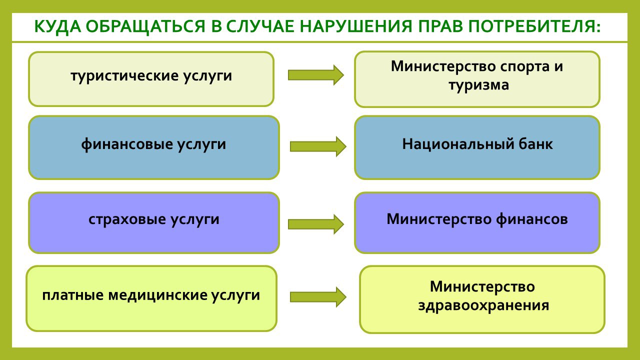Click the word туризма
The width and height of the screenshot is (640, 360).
[478, 85]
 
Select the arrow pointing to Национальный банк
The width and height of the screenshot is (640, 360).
[318, 146]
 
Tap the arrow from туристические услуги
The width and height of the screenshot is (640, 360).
[315, 75]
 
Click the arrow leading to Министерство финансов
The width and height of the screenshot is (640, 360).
[315, 224]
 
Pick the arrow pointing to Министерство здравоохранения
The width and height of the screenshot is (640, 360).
[318, 297]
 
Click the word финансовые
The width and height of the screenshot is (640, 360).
[127, 144]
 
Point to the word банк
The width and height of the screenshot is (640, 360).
[535, 144]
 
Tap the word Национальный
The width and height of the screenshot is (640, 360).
[458, 144]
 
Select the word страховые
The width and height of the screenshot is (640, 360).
[127, 219]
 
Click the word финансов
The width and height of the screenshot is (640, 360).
[532, 219]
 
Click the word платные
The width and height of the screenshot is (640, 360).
[73, 295]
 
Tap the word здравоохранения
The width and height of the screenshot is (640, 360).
[483, 305]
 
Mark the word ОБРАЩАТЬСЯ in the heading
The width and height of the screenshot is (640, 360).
[145, 27]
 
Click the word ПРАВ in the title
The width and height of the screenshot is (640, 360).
[440, 26]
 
